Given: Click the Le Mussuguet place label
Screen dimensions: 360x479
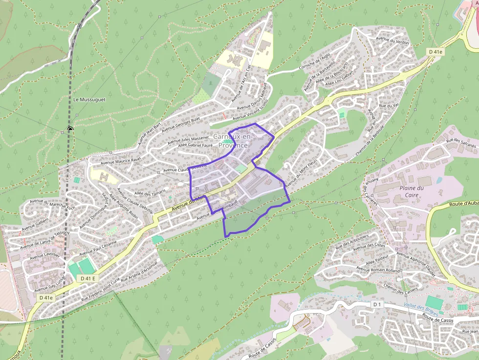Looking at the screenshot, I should pyautogui.click(x=89, y=99).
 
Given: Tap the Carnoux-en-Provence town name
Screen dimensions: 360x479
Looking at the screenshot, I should pyautogui.click(x=233, y=141).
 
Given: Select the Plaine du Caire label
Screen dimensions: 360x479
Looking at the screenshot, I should pyautogui.click(x=412, y=191).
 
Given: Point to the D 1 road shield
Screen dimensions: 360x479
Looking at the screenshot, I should pyautogui.click(x=376, y=304).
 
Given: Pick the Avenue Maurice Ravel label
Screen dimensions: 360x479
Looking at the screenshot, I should pyautogui.click(x=120, y=160).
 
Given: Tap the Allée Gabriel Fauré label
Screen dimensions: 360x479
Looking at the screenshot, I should pyautogui.click(x=196, y=145).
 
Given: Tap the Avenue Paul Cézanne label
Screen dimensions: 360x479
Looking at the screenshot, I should pyautogui.click(x=98, y=248).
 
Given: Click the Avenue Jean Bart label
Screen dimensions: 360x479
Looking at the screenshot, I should pyautogui.click(x=150, y=133).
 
